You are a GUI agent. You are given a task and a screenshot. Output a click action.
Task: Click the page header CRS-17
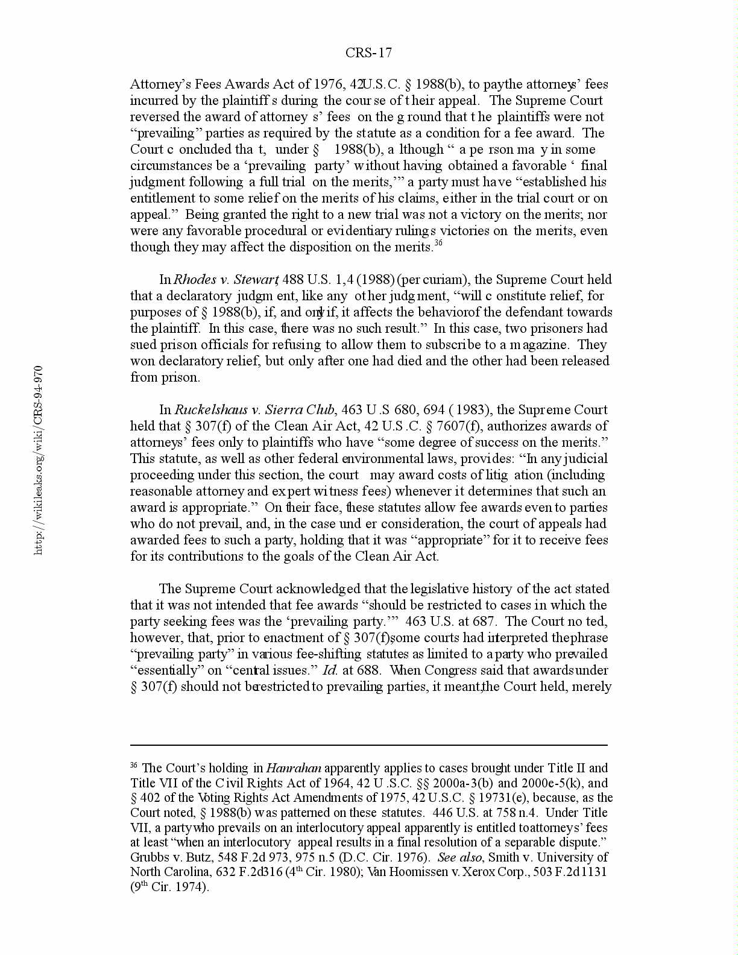pyautogui.click(x=368, y=53)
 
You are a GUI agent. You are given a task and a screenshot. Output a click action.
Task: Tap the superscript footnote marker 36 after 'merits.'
pyautogui.click(x=438, y=243)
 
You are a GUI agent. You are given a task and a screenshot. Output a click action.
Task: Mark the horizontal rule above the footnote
pyautogui.click(x=368, y=745)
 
